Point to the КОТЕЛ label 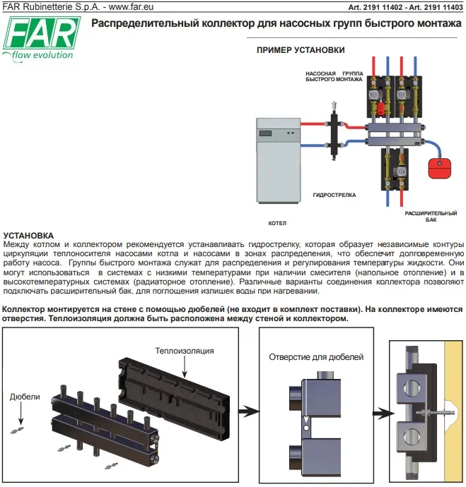click(x=278, y=222)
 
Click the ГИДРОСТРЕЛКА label click(x=334, y=194)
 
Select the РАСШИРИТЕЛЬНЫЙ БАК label click(x=426, y=215)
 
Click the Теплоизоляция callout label click(x=185, y=350)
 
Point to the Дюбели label click(x=25, y=397)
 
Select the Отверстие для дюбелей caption click(x=316, y=357)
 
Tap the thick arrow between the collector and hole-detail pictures click(x=246, y=410)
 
